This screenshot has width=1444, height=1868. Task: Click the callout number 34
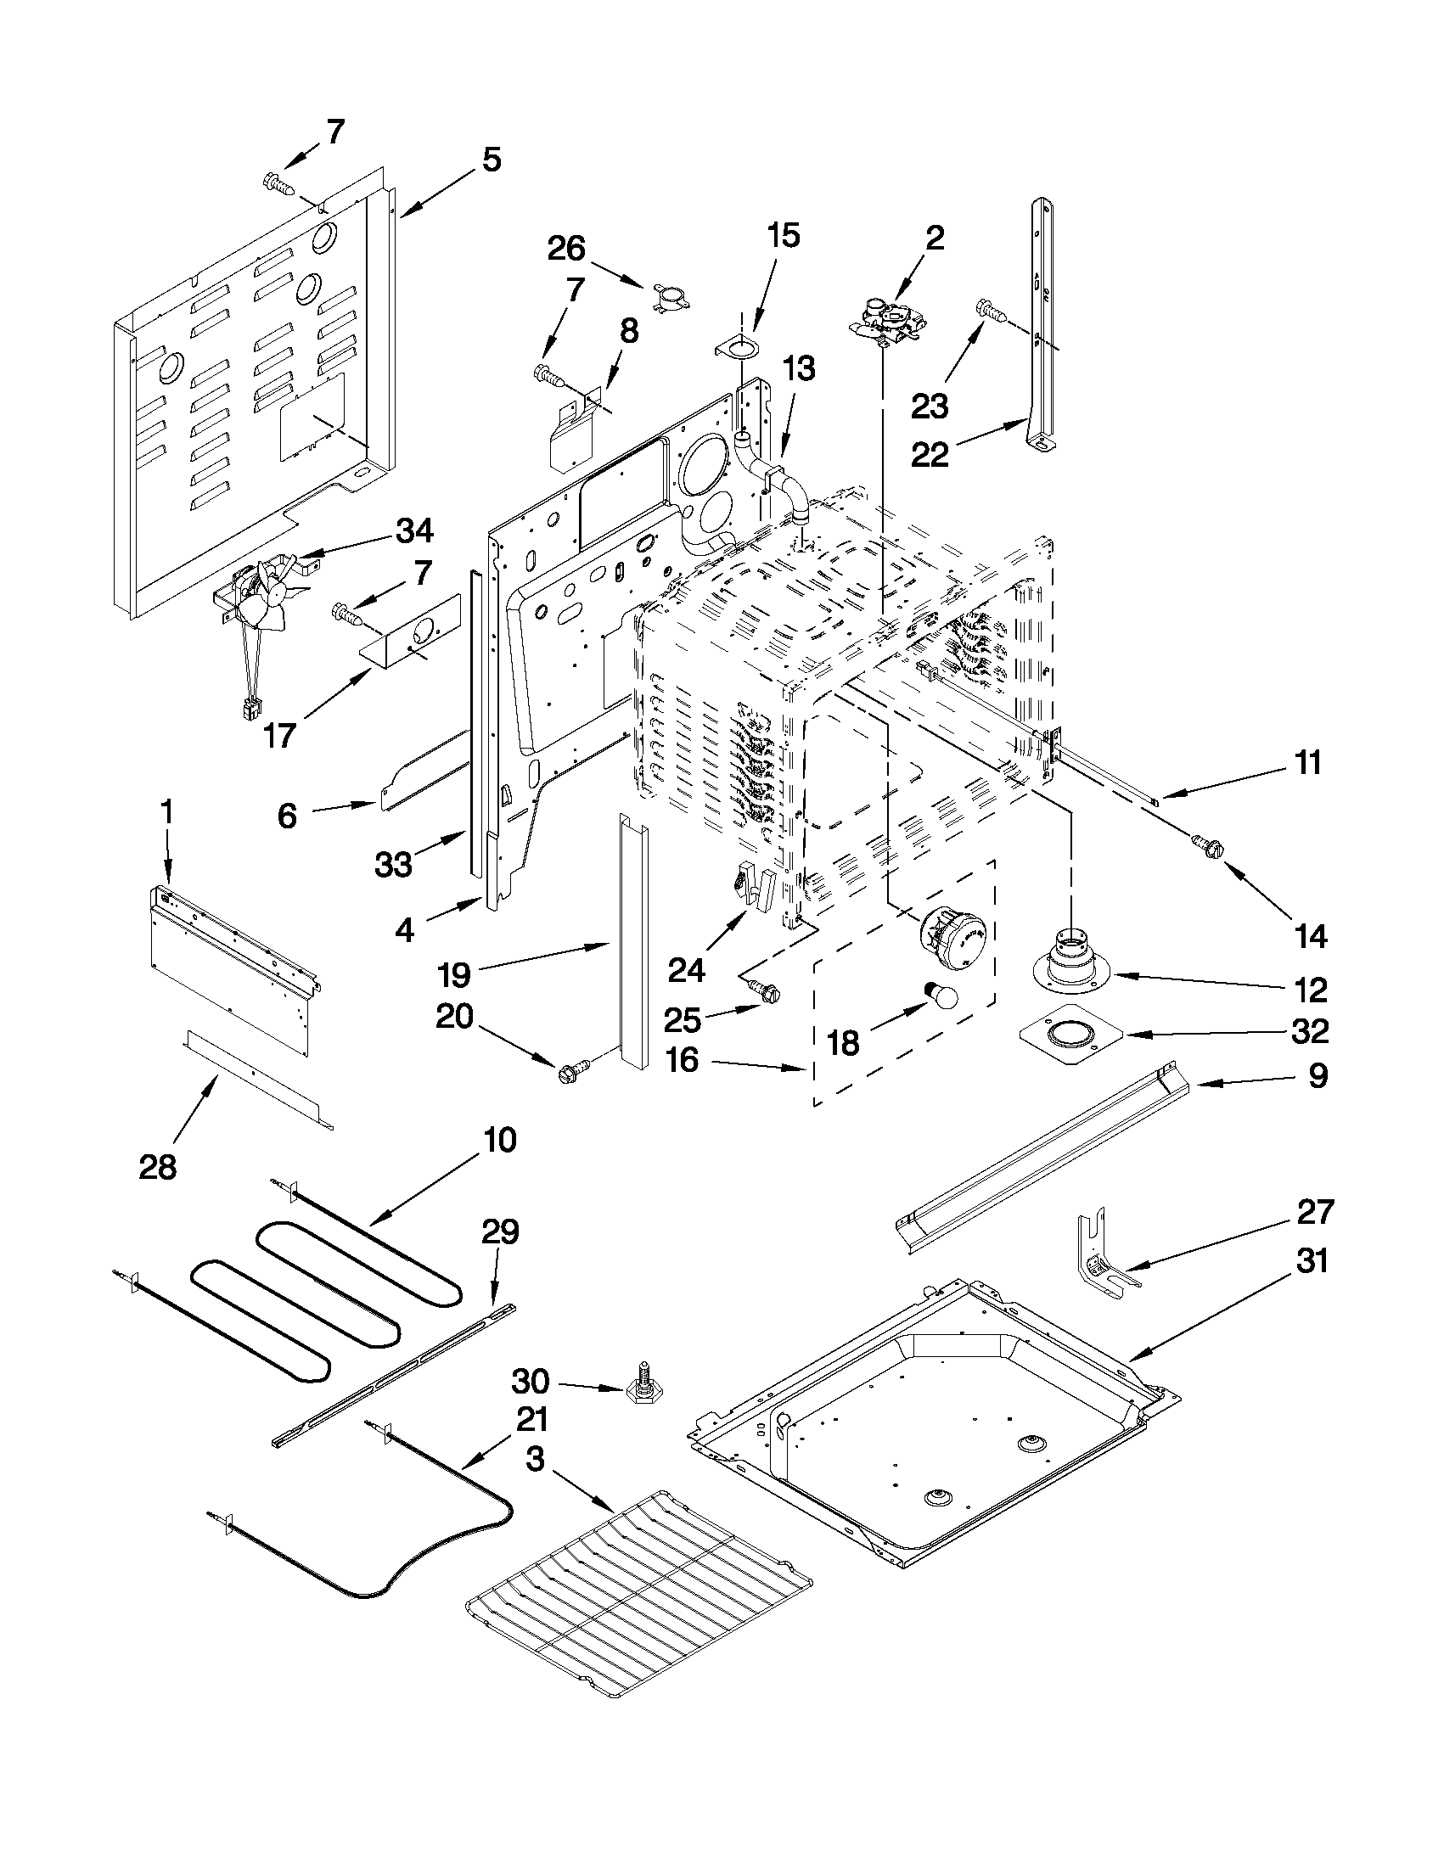click(x=414, y=531)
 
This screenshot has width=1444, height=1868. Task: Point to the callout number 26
click(x=565, y=249)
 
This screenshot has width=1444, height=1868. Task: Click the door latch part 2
click(x=885, y=321)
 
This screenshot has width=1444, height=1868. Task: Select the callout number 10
click(x=501, y=1140)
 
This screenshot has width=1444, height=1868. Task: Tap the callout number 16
click(x=682, y=1061)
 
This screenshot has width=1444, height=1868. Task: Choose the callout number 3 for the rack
click(x=535, y=1459)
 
